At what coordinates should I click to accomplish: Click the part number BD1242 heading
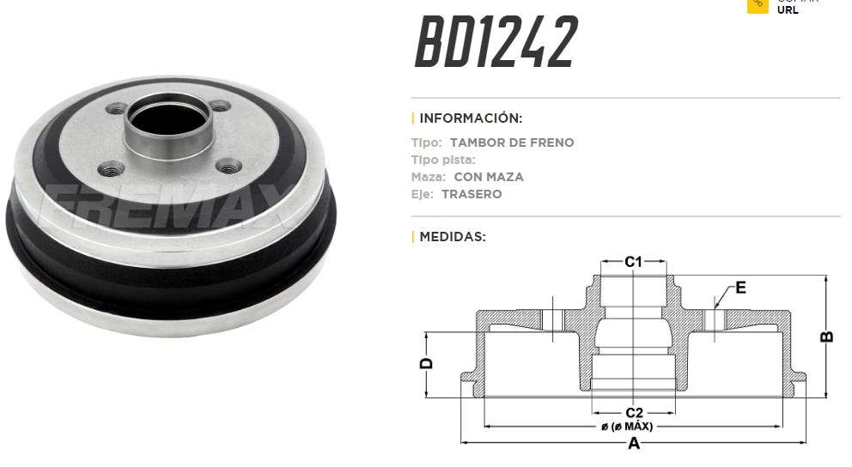coord(496,43)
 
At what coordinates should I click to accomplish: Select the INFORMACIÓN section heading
coord(470,118)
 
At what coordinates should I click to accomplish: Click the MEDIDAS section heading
coord(452,235)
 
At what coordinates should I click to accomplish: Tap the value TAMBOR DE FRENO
coord(512,143)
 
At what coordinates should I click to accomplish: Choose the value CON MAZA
coord(489,177)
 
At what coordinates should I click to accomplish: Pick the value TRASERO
coord(472,194)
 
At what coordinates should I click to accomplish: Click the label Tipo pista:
coord(443,160)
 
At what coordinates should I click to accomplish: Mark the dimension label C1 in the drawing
coord(633,262)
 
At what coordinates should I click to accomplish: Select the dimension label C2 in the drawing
coord(634,413)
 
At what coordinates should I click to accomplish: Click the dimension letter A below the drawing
coord(634,445)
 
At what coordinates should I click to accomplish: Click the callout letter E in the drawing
coord(740,288)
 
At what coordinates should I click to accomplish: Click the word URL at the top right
coord(788,10)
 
